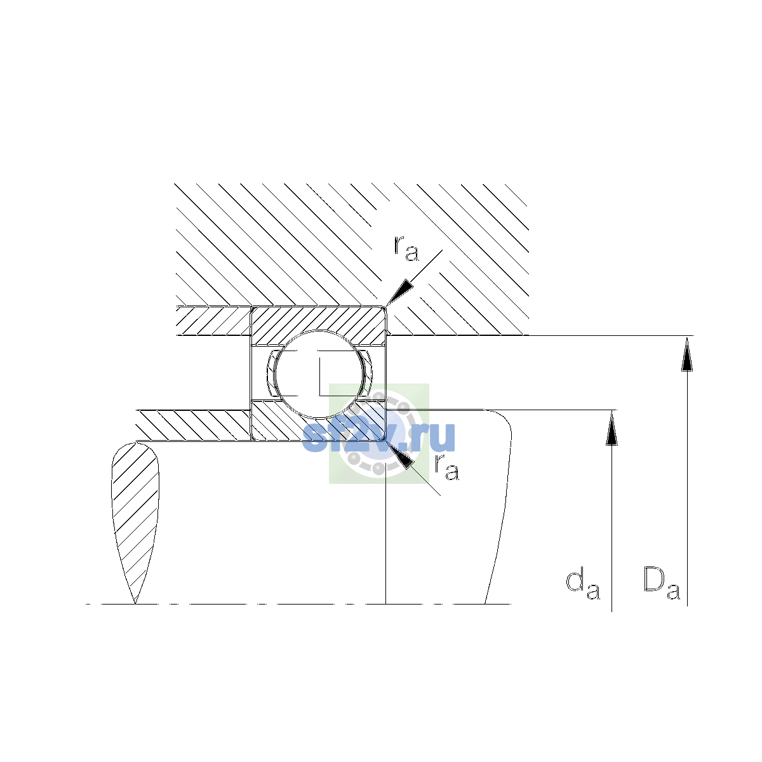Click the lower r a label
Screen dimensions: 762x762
(446, 467)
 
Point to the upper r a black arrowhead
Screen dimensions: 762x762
(399, 292)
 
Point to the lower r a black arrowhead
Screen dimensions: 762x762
(399, 455)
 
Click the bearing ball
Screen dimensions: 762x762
(319, 374)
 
